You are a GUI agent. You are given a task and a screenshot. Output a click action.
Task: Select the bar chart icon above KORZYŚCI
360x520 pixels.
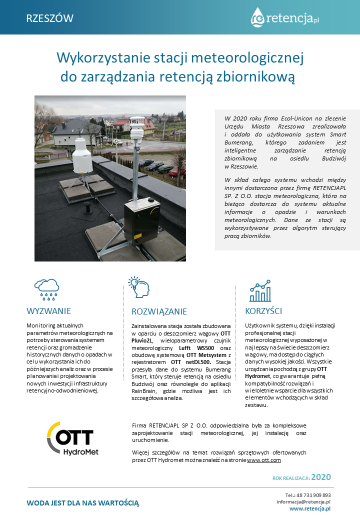260,290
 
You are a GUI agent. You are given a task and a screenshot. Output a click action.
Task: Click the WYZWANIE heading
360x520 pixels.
48,310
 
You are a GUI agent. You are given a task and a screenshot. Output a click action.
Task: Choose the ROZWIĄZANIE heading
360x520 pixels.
159,311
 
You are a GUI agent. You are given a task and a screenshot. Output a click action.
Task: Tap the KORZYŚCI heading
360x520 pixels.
263,310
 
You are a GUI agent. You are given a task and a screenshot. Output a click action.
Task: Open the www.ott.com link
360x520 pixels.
264,459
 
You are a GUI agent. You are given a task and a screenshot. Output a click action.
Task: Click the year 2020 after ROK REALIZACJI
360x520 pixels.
321,477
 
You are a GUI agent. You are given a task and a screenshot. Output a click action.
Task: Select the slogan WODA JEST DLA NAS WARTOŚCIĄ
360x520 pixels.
83,502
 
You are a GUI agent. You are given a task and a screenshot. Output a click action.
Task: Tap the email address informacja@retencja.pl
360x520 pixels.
303,501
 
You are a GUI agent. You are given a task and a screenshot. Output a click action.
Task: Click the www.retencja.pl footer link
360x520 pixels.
310,508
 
